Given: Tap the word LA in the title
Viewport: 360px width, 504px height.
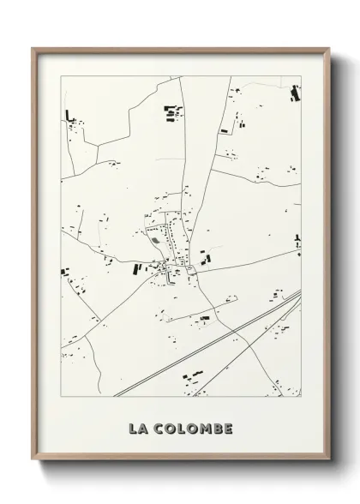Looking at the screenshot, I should tap(138, 428).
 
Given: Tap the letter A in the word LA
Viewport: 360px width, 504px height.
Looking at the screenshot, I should tap(144, 428).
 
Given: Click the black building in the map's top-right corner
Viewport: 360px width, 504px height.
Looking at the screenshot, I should tap(296, 93).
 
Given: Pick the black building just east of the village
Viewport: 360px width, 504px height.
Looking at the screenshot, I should tap(204, 257).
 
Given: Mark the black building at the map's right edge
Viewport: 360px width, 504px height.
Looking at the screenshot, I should tap(297, 239).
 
